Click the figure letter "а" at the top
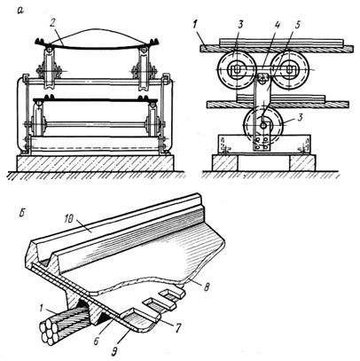click(x=20, y=11)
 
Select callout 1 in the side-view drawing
click(x=194, y=26)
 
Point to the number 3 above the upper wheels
click(x=240, y=25)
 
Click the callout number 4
click(x=277, y=25)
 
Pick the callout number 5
click(x=297, y=25)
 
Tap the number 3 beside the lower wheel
click(x=300, y=119)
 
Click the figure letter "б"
click(x=20, y=213)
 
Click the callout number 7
click(x=177, y=328)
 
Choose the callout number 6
click(x=96, y=341)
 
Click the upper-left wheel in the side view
click(x=237, y=70)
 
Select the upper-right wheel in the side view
click(x=290, y=70)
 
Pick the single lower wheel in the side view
click(x=263, y=126)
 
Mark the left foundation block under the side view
click(x=224, y=162)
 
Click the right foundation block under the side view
click(x=302, y=162)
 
